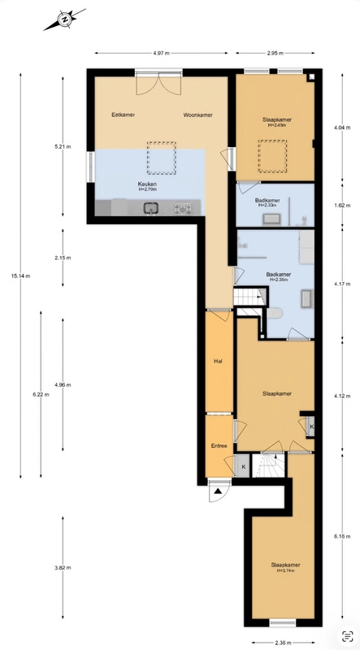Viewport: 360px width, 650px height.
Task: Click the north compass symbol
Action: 64,19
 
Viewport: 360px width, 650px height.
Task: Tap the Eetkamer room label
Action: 124,115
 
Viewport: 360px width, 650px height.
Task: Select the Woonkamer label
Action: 197,115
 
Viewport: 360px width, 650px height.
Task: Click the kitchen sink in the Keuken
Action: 151,208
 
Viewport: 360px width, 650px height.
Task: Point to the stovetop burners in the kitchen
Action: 183,208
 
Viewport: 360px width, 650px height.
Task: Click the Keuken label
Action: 147,184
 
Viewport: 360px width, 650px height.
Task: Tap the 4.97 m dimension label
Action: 162,53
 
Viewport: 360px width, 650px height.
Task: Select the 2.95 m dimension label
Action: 275,53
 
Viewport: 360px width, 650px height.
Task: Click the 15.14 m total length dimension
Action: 21,276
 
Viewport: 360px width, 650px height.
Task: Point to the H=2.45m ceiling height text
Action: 276,125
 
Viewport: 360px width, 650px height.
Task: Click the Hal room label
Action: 218,361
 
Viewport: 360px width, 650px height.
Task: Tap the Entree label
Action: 219,446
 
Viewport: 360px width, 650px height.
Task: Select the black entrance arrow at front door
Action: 219,492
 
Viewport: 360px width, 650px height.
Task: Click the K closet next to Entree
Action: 244,466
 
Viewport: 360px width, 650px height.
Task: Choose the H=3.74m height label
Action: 286,570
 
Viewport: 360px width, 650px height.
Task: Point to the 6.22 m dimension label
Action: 41,394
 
